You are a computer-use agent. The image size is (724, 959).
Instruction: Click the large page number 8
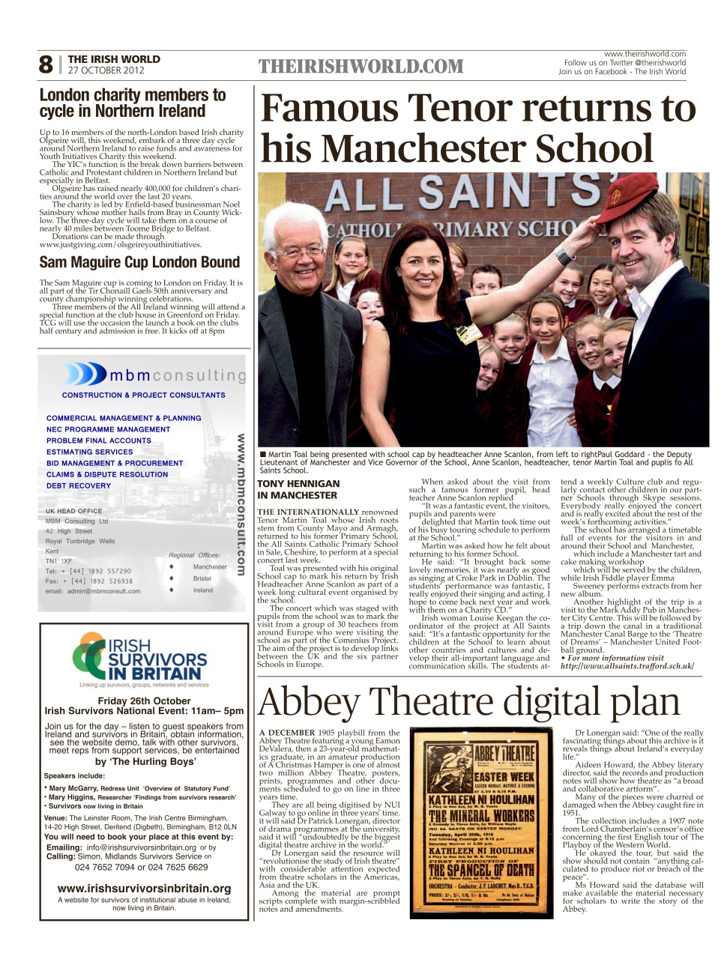[46, 65]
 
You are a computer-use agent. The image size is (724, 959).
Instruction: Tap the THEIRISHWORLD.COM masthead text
[361, 67]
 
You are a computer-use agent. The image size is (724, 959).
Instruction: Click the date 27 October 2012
[106, 70]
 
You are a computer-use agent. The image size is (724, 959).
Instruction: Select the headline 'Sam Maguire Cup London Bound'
[139, 262]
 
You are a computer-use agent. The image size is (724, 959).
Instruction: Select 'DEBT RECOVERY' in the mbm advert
[79, 485]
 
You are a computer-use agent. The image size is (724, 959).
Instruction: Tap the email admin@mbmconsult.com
[93, 591]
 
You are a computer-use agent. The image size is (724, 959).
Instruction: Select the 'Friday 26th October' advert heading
[144, 701]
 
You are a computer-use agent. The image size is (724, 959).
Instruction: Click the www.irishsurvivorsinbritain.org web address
[144, 889]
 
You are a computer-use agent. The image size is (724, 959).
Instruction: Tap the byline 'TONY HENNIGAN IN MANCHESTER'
[298, 489]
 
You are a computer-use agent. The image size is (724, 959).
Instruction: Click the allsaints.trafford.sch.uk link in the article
[627, 665]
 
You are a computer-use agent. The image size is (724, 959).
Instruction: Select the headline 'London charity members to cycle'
[133, 103]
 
